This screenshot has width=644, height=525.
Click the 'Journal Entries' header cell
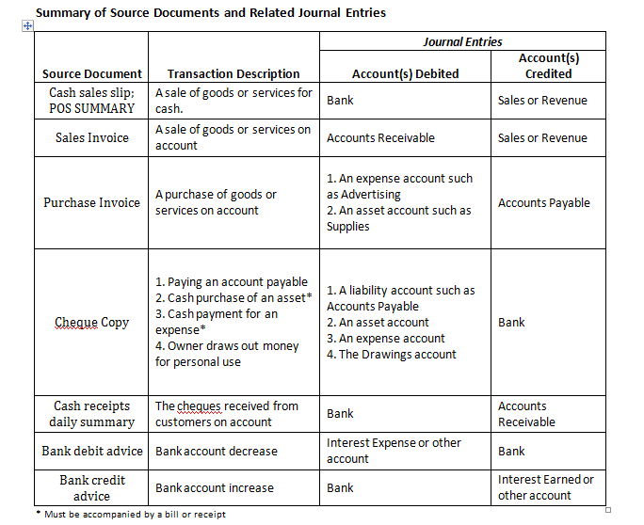[x=462, y=41]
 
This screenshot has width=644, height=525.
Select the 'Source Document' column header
[x=92, y=73]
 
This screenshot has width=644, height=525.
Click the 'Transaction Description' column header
[x=233, y=73]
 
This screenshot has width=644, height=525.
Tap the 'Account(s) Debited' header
[x=405, y=73]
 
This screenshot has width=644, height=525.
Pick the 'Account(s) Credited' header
[x=548, y=65]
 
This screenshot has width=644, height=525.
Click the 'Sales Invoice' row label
[x=92, y=137]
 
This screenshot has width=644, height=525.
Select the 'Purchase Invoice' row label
[x=92, y=202]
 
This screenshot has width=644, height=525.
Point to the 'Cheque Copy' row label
[x=92, y=322]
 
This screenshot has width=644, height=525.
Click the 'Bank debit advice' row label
[x=92, y=451]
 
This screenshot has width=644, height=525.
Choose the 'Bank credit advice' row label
[x=92, y=487]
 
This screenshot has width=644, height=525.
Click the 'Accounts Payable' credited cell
[x=543, y=202]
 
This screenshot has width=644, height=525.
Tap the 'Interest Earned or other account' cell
[x=545, y=487]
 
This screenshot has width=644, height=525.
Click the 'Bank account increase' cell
[x=215, y=488]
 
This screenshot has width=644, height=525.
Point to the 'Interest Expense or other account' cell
[x=394, y=451]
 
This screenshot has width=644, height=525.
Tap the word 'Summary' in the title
[x=62, y=12]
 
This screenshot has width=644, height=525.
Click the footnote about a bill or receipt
[x=131, y=515]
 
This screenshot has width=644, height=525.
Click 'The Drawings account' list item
[x=391, y=355]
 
